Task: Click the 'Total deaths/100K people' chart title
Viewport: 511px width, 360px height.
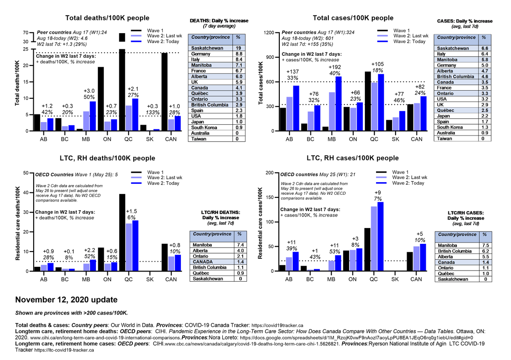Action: tap(107, 18)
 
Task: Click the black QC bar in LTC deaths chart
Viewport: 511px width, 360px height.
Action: tap(122, 232)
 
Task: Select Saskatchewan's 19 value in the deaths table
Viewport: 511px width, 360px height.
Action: tap(238, 48)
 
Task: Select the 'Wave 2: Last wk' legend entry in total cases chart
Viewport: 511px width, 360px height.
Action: tap(410, 36)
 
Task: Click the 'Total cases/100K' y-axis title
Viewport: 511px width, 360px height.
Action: tap(261, 82)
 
